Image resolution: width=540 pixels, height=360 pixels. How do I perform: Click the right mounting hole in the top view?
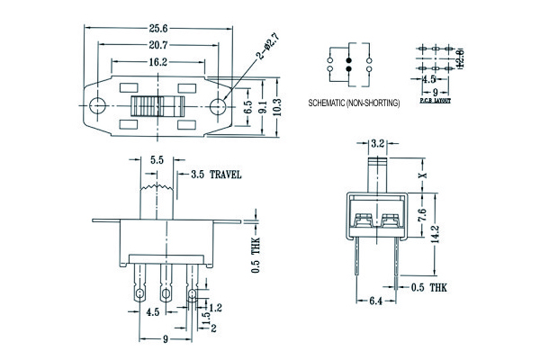[217, 106]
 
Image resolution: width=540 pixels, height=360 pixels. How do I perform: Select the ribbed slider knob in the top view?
[157, 106]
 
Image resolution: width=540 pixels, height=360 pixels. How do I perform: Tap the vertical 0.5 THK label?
[255, 254]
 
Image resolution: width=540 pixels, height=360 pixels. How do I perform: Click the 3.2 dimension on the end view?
[379, 142]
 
